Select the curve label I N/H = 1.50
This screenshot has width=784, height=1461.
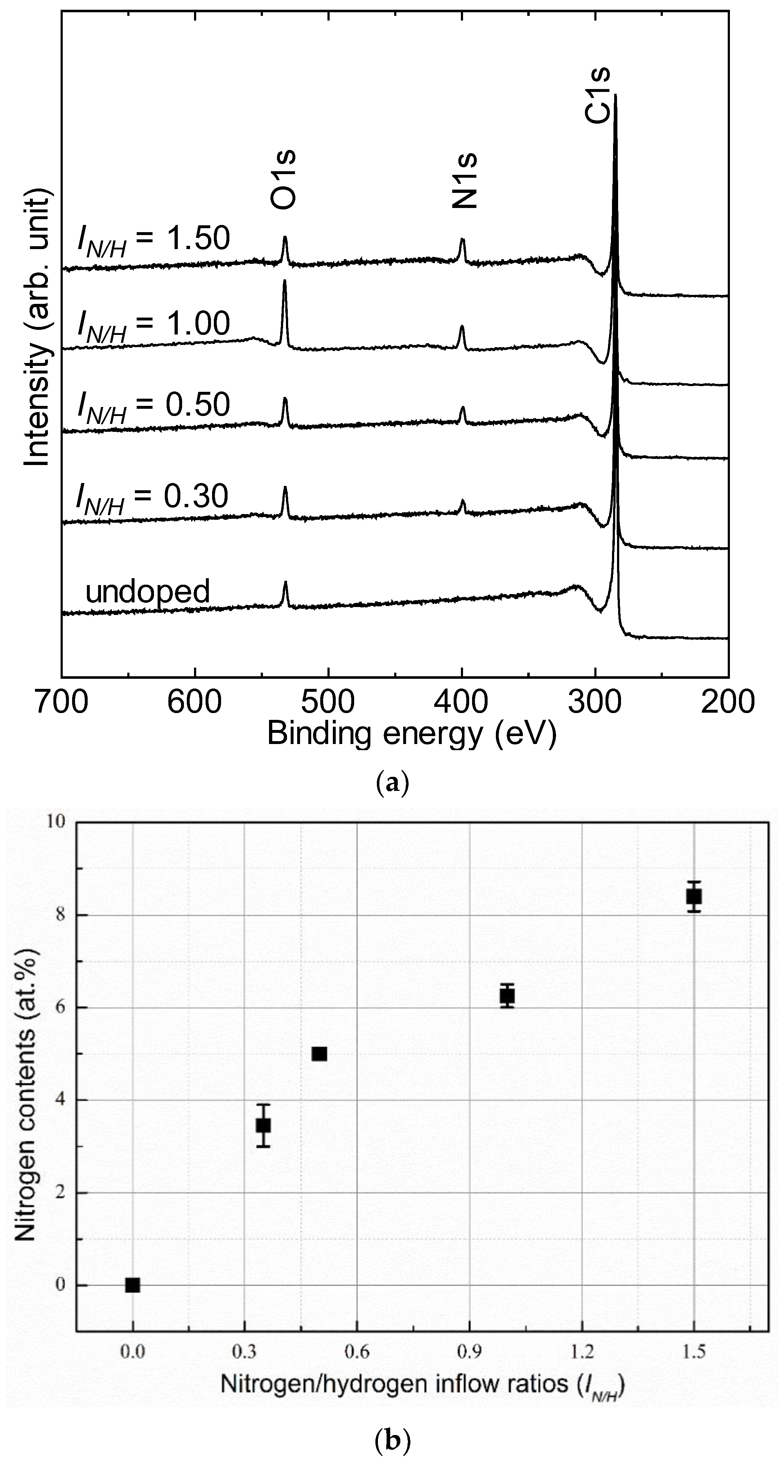(x=154, y=241)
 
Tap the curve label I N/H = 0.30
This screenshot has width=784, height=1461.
(x=153, y=498)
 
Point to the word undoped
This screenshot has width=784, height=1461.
(x=147, y=592)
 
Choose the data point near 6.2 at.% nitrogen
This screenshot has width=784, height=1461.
(x=507, y=995)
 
